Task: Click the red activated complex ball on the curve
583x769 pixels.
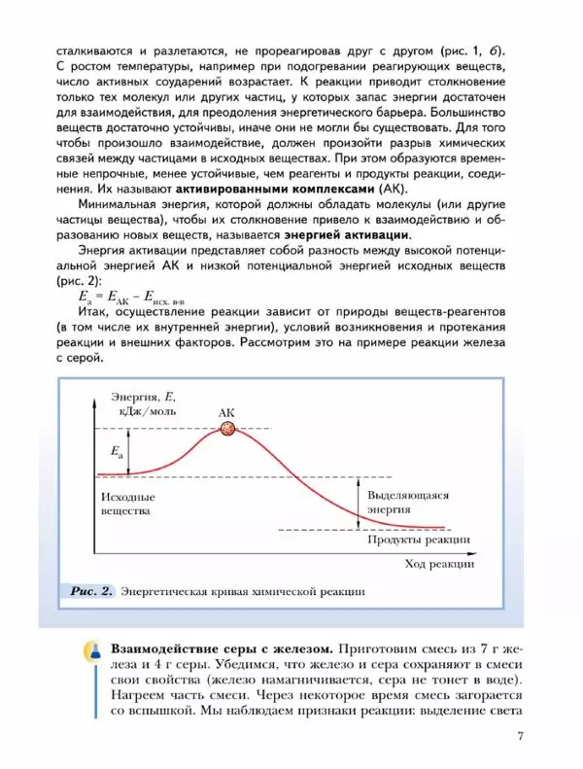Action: [228, 429]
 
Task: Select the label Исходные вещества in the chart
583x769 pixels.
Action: [127, 503]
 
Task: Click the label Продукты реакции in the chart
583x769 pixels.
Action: [420, 540]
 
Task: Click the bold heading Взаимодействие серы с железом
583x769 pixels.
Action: [223, 647]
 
